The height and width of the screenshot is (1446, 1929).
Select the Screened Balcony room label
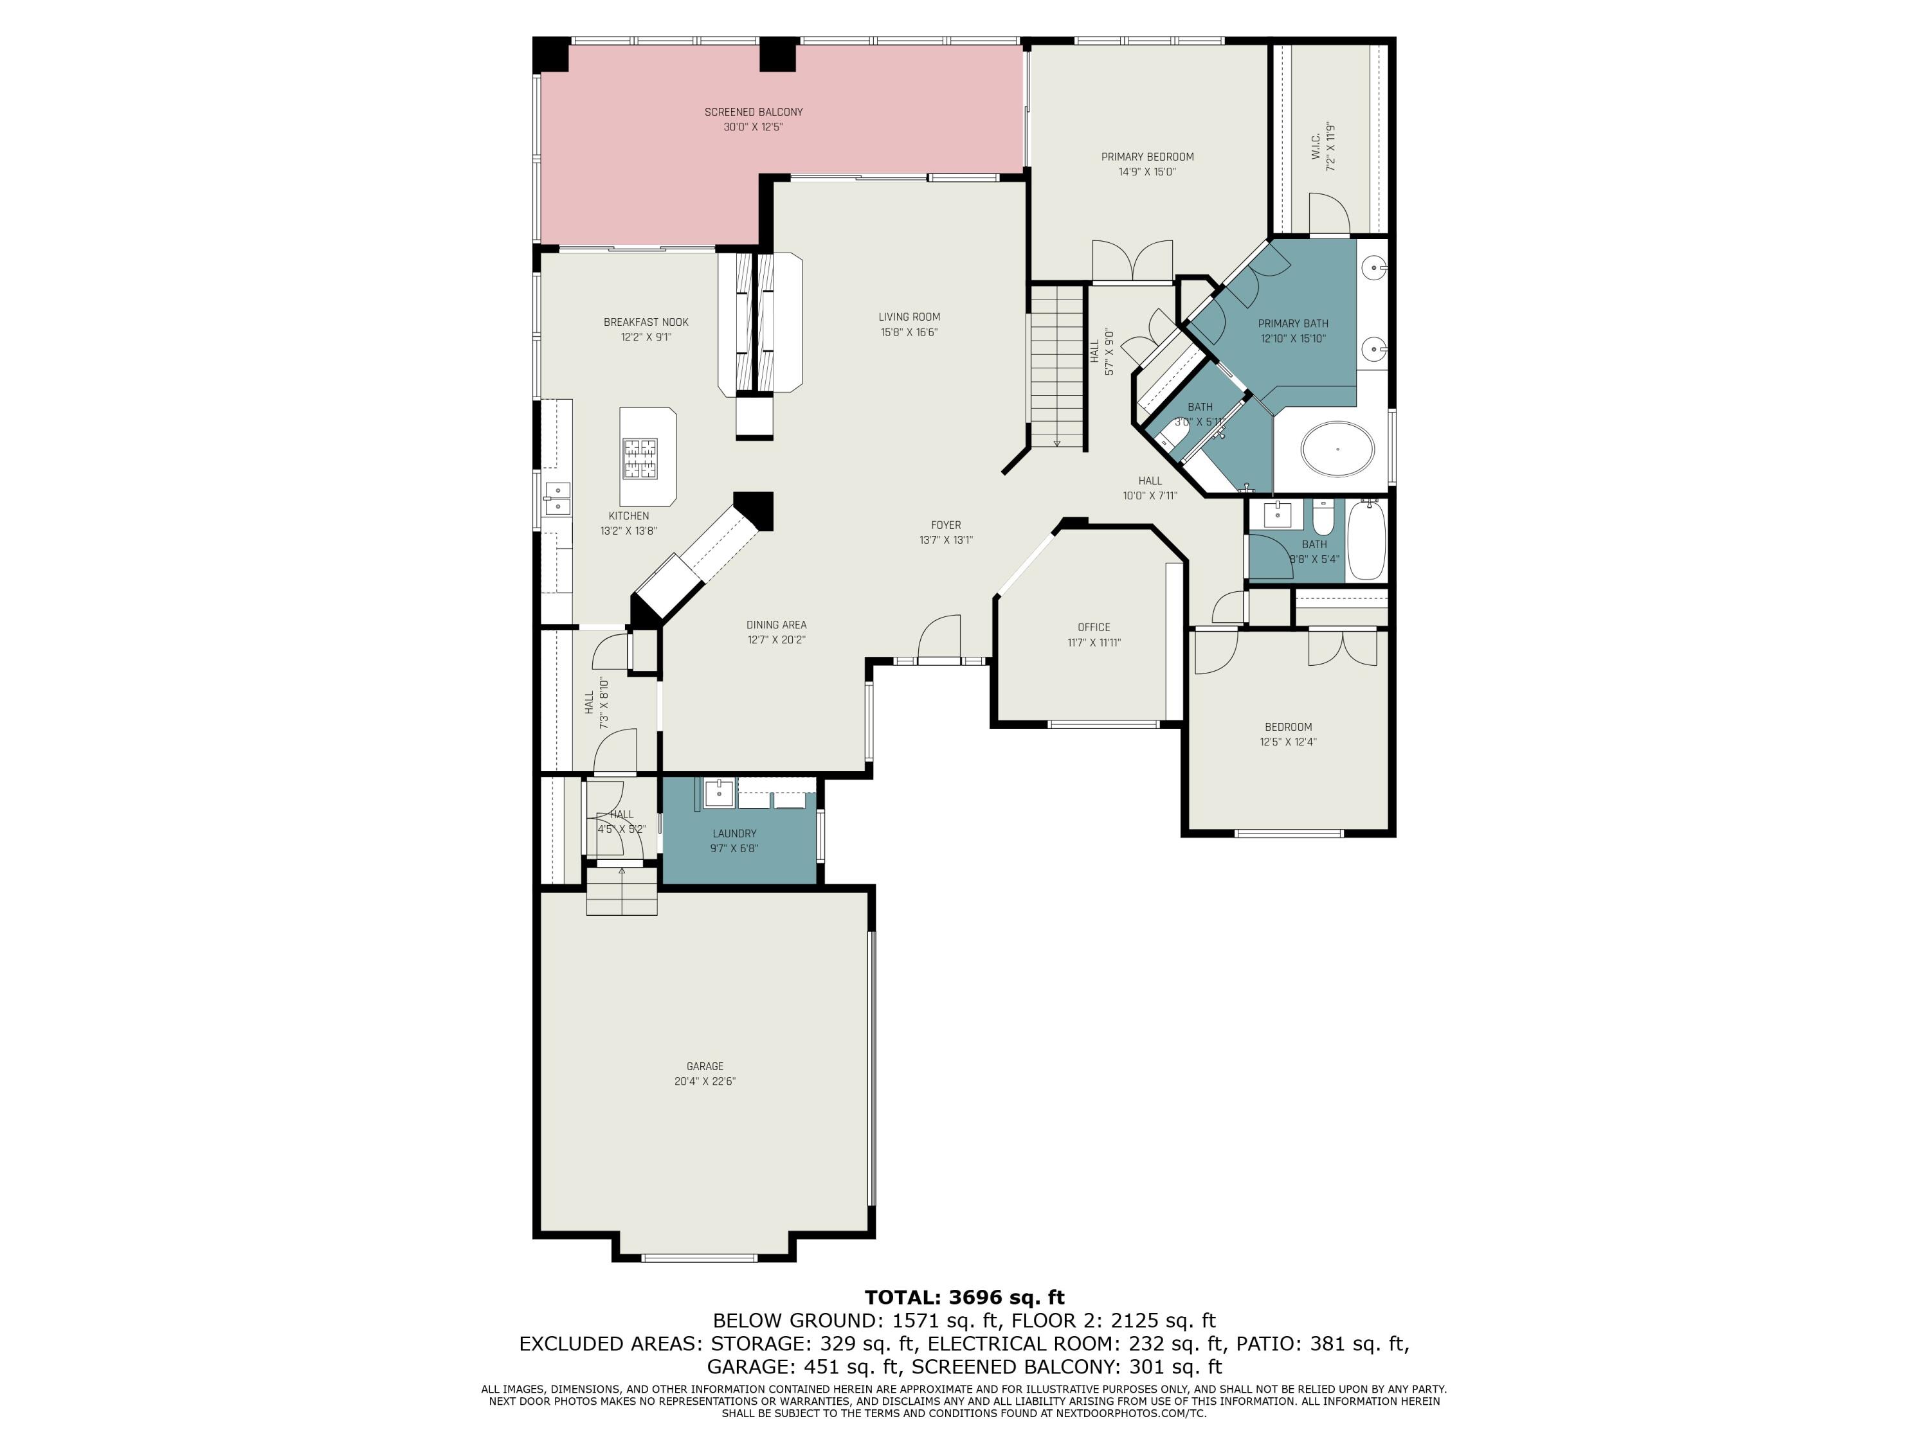[754, 112]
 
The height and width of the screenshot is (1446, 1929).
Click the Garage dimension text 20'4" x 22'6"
[705, 1081]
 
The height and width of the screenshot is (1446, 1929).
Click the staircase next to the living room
[1056, 366]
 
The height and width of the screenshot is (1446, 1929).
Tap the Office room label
[1094, 627]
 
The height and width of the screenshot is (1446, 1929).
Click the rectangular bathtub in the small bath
[1366, 540]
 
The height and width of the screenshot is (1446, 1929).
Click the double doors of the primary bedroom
[1132, 262]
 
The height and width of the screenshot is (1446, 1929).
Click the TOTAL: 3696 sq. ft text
[964, 1297]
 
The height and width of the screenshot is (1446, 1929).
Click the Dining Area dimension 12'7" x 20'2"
[776, 639]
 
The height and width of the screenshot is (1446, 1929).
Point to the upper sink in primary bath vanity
[1374, 267]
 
